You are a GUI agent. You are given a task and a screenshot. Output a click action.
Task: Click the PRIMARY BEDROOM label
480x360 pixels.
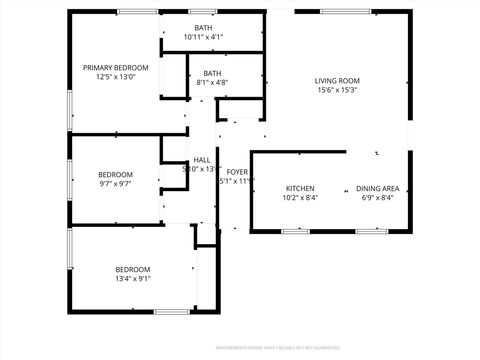click(115, 67)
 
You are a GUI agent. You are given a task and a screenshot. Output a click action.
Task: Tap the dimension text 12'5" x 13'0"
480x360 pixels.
click(115, 77)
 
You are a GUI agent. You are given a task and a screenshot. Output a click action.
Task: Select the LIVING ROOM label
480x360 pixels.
click(337, 80)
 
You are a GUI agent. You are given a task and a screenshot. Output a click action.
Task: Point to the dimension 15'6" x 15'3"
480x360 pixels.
click(337, 90)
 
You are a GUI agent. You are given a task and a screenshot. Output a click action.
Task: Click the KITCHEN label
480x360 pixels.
click(300, 188)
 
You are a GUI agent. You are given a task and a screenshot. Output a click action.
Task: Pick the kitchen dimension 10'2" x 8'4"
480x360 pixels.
click(300, 198)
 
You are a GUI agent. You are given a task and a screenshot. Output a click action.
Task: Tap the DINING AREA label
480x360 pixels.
click(379, 188)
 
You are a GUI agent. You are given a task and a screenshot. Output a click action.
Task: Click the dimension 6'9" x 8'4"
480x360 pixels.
click(379, 198)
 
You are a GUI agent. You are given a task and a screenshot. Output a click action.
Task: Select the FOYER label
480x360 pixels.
click(237, 172)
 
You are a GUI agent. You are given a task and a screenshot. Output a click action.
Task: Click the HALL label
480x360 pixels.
click(202, 160)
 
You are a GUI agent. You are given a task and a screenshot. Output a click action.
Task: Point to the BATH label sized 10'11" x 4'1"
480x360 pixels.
click(203, 27)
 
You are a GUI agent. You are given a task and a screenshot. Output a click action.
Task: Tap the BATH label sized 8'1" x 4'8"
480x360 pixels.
click(212, 73)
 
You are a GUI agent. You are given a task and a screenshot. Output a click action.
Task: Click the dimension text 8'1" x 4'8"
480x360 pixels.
click(212, 83)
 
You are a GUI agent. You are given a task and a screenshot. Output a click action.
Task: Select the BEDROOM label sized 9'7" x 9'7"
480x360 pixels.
click(115, 174)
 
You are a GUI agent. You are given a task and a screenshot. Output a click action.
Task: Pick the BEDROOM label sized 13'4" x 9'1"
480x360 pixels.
click(132, 269)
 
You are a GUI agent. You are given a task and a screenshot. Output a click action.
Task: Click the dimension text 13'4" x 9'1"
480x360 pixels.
click(132, 279)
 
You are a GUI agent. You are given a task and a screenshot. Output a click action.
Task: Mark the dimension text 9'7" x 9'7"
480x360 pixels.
click(115, 184)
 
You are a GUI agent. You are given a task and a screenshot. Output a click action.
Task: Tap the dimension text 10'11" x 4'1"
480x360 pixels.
click(203, 37)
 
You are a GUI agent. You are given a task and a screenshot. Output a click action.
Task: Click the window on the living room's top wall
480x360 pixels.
click(343, 11)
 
